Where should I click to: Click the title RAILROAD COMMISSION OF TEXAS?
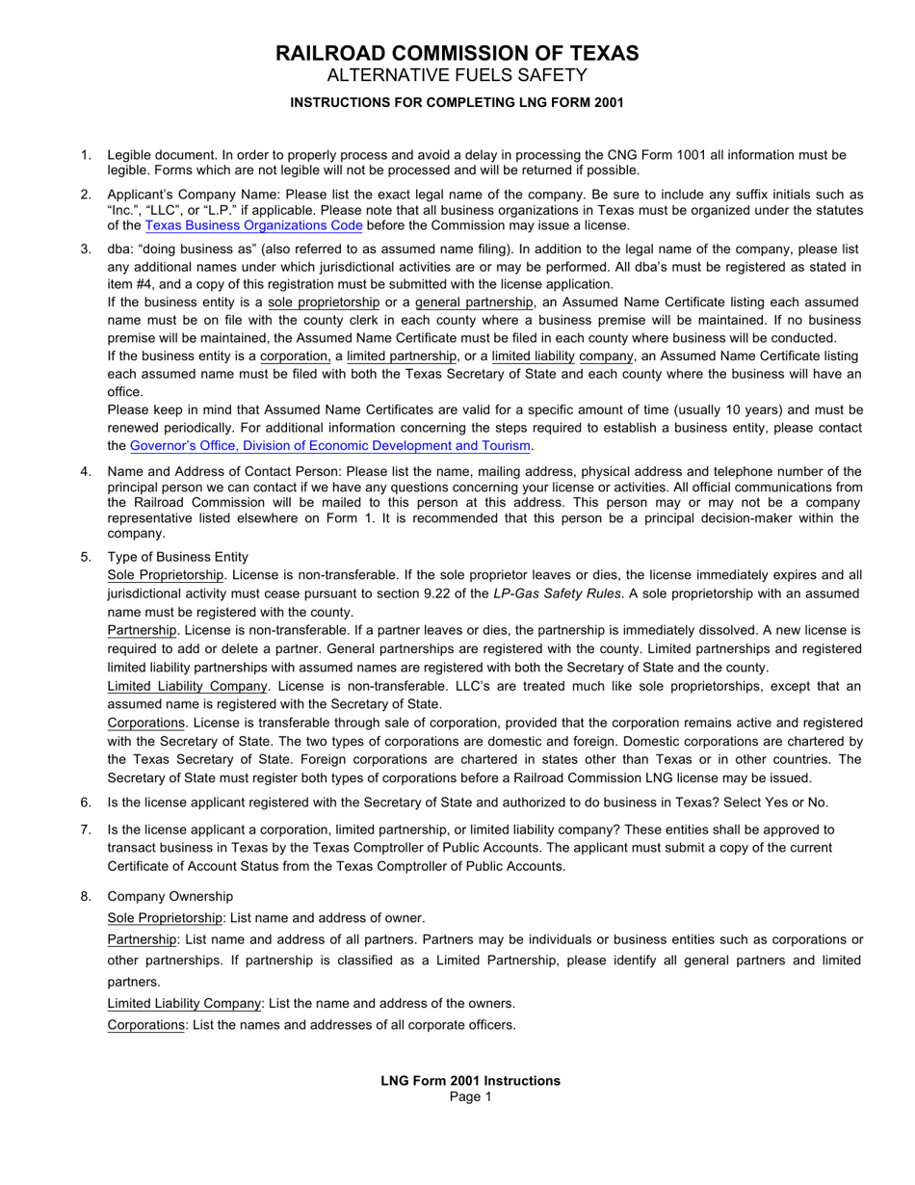(x=457, y=53)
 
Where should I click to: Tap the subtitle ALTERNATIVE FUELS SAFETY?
(x=457, y=76)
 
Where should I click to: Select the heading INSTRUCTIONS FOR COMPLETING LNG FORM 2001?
(x=457, y=102)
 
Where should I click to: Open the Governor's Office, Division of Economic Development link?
(x=330, y=445)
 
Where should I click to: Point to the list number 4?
(x=86, y=471)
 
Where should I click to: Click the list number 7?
(x=86, y=829)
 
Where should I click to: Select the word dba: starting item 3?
(x=120, y=249)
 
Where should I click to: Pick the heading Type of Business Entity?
(x=177, y=557)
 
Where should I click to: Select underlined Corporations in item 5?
(x=145, y=723)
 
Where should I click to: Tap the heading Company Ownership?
(x=170, y=896)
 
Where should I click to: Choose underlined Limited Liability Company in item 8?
(x=184, y=1003)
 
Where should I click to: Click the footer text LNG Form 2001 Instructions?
(x=470, y=1080)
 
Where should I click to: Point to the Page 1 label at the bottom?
(x=470, y=1096)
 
